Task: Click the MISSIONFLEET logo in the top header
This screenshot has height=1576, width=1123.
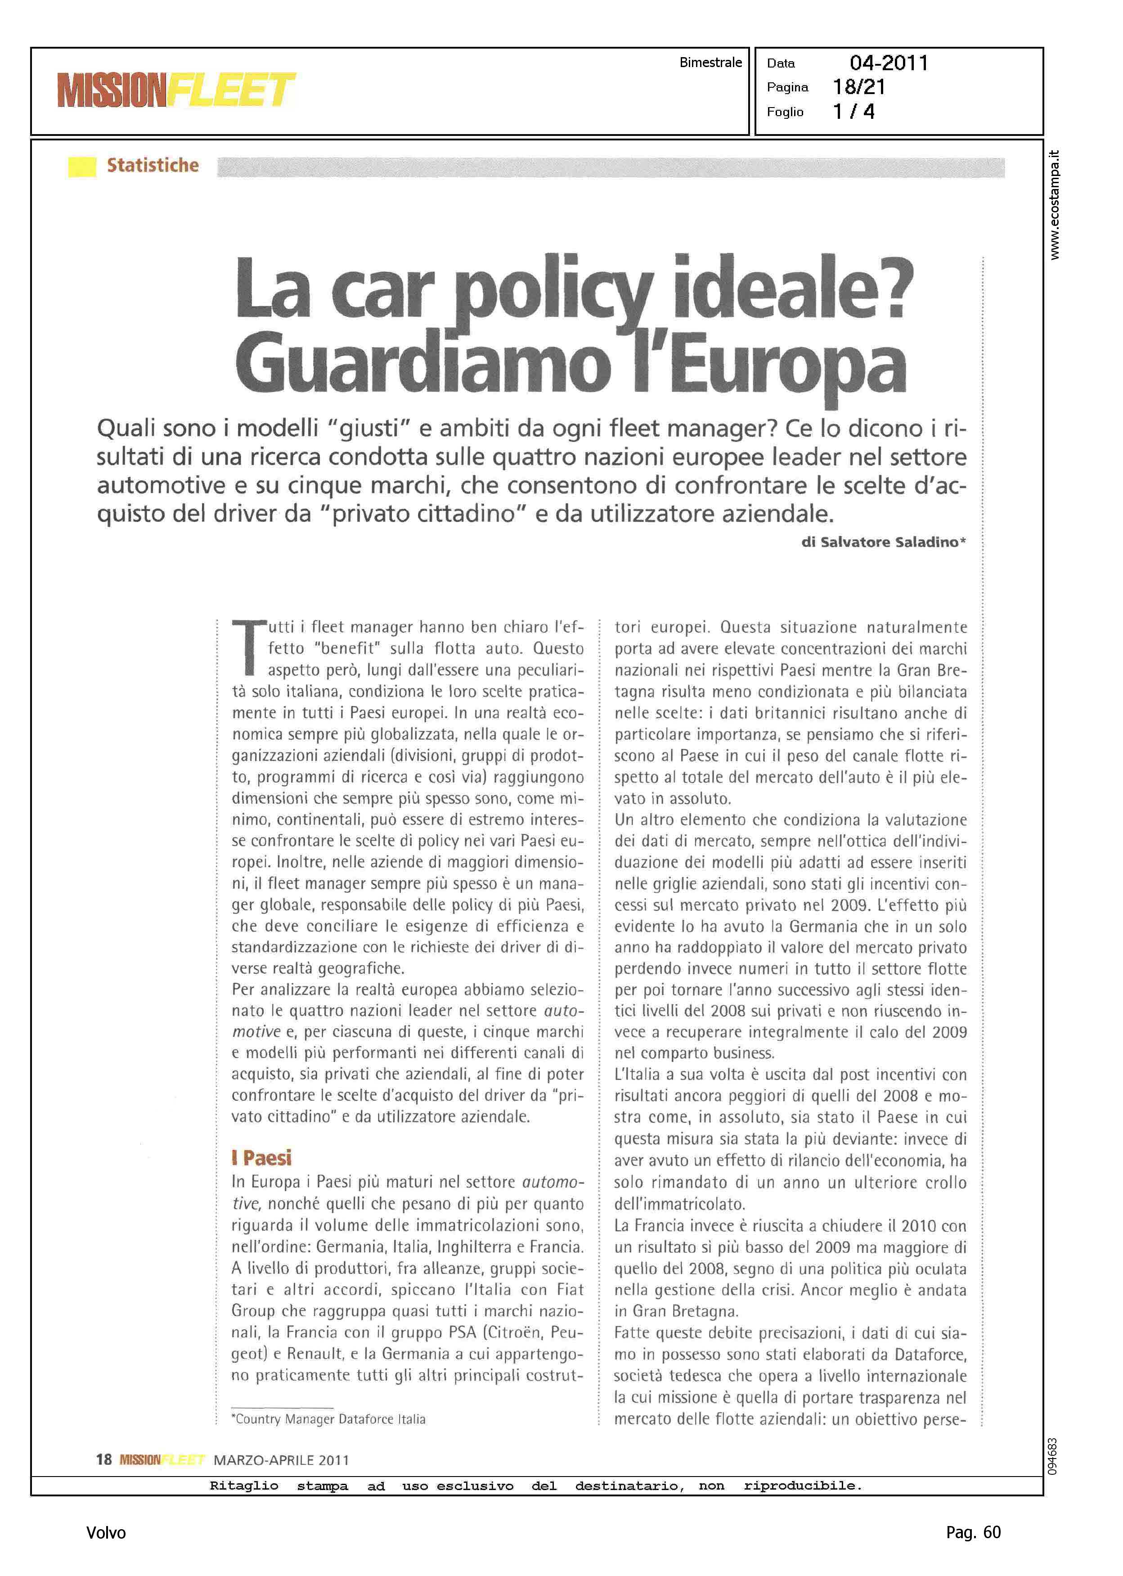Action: pyautogui.click(x=176, y=90)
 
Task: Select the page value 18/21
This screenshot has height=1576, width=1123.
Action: pyautogui.click(x=859, y=87)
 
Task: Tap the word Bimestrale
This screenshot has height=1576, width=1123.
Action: pyautogui.click(x=710, y=62)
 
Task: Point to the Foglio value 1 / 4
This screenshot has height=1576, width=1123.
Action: pyautogui.click(x=853, y=111)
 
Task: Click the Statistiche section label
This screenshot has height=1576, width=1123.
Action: pyautogui.click(x=153, y=165)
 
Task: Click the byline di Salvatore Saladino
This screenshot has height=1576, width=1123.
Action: pyautogui.click(x=883, y=542)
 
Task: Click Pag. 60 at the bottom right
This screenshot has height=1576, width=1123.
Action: pyautogui.click(x=973, y=1532)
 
